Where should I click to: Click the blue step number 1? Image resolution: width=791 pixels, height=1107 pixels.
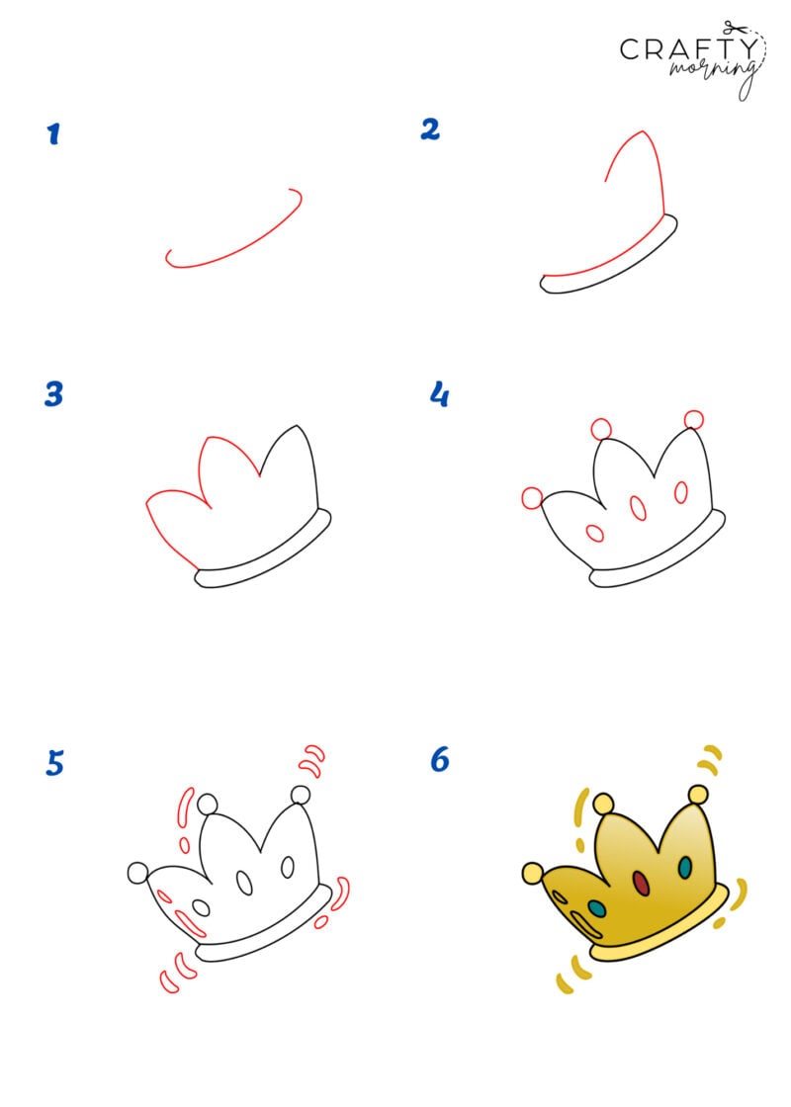click(x=53, y=134)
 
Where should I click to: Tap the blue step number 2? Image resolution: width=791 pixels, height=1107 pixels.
click(x=430, y=129)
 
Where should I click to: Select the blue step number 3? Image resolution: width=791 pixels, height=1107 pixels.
click(x=53, y=394)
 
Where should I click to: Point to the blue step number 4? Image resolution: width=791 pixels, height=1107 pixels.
click(x=439, y=394)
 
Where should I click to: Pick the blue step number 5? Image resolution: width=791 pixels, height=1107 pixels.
click(x=55, y=763)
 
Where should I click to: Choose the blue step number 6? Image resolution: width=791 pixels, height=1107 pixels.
click(x=440, y=760)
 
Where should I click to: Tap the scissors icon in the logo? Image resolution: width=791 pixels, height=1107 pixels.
click(x=733, y=28)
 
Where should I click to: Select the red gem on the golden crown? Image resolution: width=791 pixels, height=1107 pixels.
click(x=641, y=882)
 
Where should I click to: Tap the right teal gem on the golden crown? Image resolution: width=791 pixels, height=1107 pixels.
click(x=683, y=867)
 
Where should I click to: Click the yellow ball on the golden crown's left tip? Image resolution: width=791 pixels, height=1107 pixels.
click(x=532, y=873)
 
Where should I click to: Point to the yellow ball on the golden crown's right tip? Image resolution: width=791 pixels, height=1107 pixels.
click(x=698, y=794)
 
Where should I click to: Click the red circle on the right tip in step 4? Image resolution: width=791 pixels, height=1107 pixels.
click(x=694, y=420)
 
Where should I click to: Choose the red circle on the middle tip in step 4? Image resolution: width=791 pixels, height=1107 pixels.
click(x=601, y=429)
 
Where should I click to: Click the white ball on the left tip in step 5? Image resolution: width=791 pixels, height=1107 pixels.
click(x=137, y=873)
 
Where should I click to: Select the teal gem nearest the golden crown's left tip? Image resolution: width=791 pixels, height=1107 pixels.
click(x=597, y=907)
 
